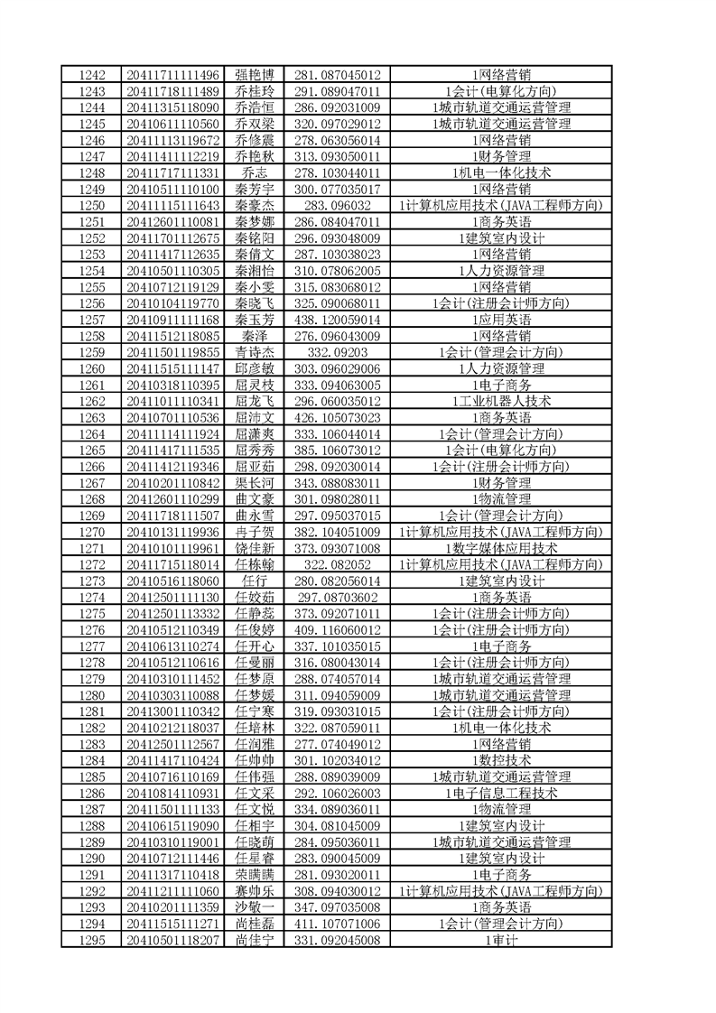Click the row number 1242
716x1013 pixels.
(92, 74)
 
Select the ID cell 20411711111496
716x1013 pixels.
(173, 74)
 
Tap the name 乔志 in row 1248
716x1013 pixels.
(254, 172)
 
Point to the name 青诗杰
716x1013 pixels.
(254, 352)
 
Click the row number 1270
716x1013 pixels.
(92, 532)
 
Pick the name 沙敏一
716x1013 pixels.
(254, 908)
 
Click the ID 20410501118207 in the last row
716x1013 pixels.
(173, 941)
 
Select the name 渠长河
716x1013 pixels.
(254, 483)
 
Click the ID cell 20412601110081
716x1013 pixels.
(173, 221)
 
